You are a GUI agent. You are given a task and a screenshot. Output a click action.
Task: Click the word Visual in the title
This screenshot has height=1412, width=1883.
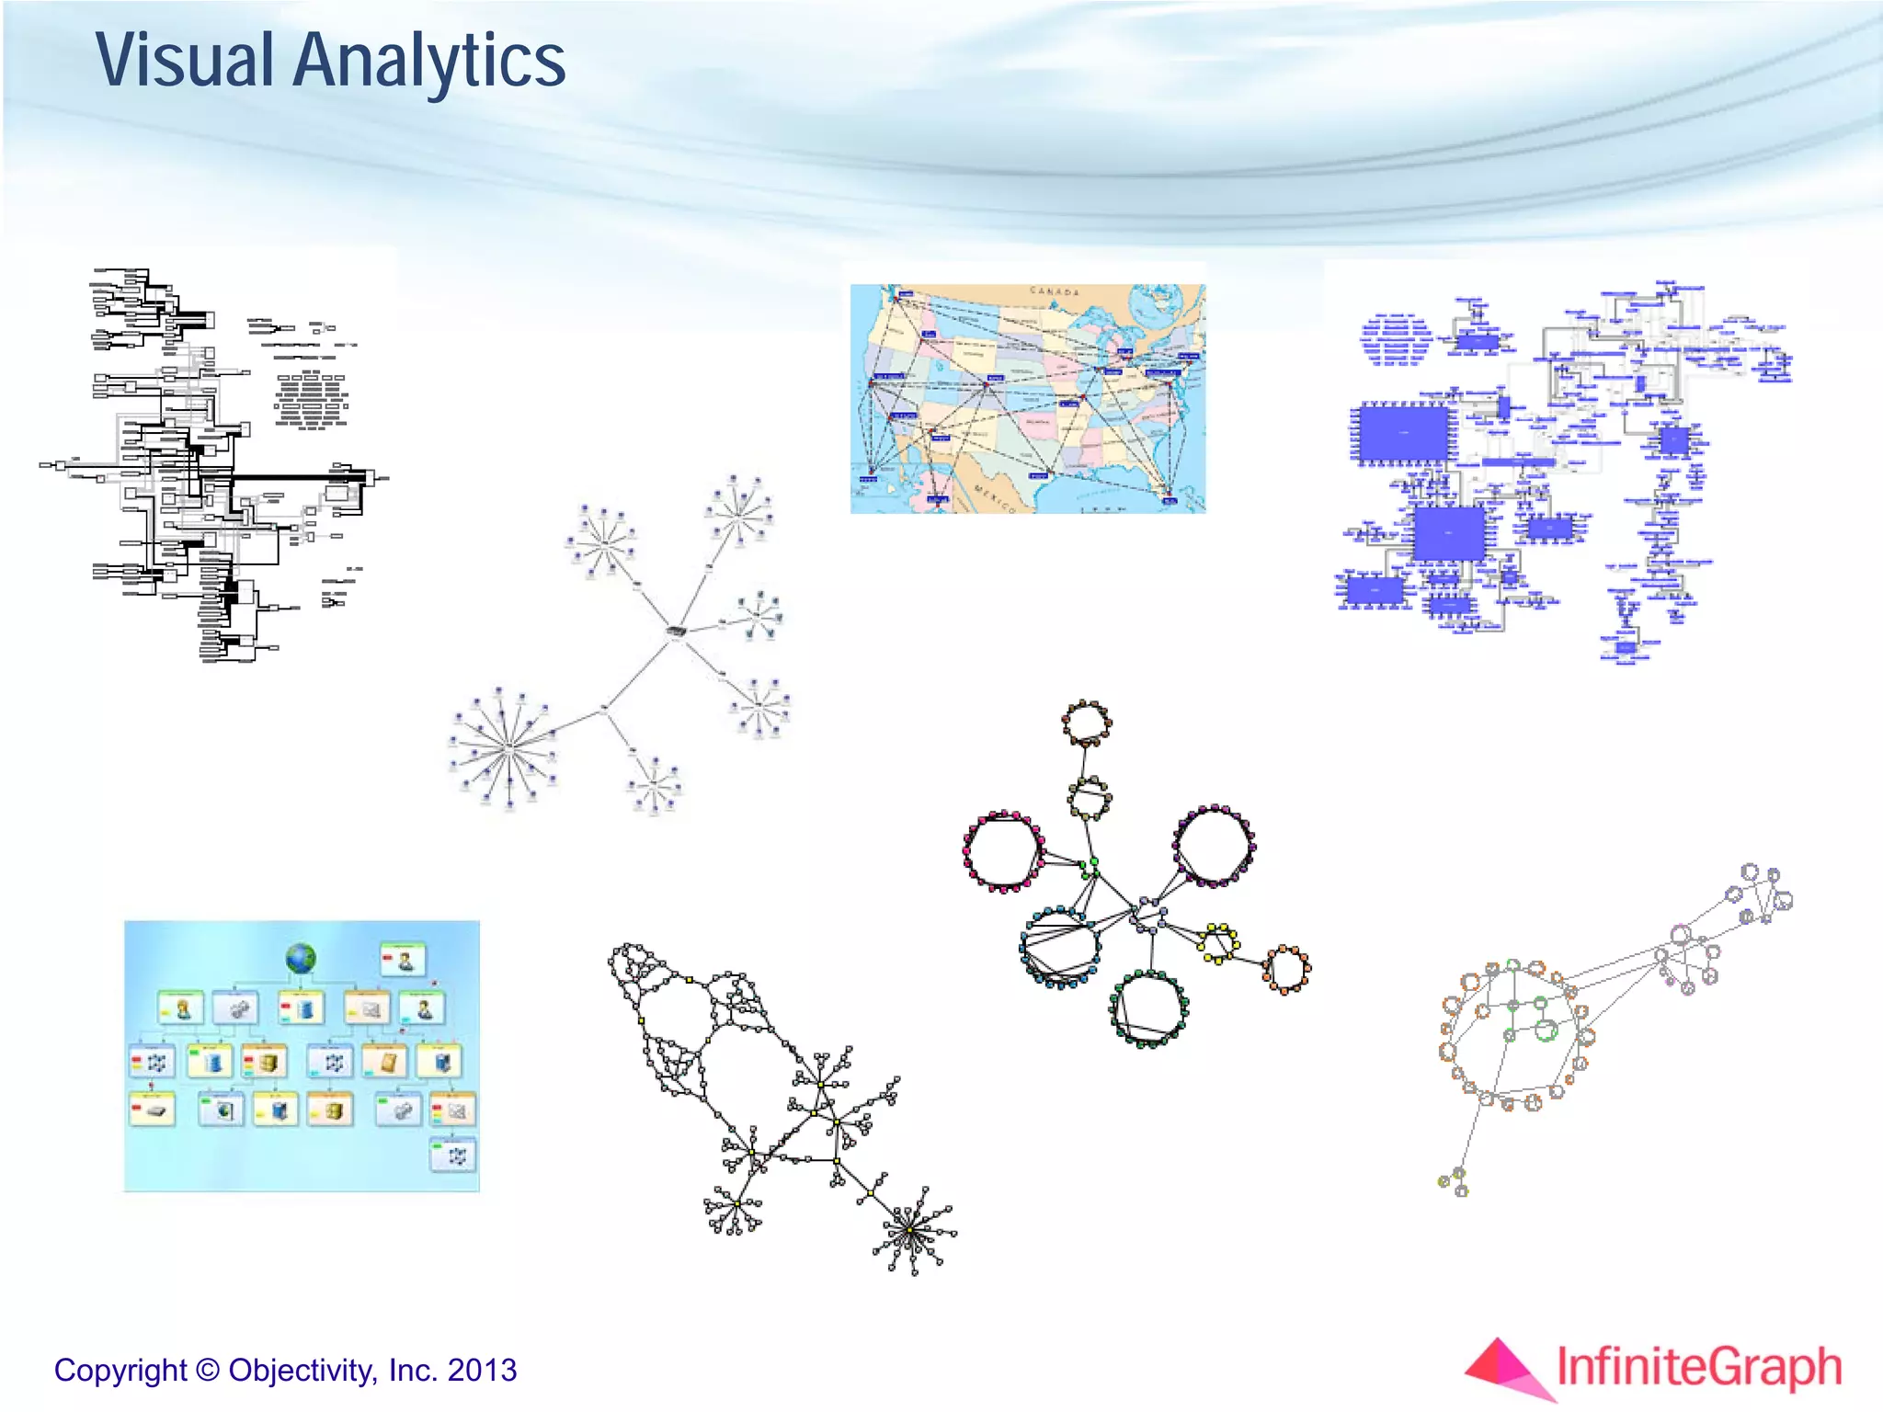185,61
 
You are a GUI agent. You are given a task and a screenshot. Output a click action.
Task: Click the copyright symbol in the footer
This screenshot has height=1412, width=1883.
208,1370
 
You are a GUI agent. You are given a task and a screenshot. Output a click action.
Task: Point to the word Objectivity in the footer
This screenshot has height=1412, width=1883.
302,1370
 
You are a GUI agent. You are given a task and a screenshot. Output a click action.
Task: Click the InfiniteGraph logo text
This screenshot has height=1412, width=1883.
1699,1367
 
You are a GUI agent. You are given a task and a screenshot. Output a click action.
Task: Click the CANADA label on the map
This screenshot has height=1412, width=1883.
1055,291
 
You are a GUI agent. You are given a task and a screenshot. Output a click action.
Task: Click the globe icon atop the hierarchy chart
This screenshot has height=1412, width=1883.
301,959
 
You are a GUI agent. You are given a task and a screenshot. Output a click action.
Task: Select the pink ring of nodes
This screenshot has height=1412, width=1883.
1002,851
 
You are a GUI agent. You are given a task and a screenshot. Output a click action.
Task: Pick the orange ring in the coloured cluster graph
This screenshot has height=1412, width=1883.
1285,969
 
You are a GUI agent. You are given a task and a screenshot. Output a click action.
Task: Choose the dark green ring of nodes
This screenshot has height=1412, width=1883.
1148,1008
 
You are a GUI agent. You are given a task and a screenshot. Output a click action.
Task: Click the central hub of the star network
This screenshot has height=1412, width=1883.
676,632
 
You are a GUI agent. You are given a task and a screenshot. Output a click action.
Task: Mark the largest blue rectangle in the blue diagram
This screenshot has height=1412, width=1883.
1403,432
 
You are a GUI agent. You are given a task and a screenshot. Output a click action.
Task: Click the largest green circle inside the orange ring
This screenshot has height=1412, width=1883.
1546,1030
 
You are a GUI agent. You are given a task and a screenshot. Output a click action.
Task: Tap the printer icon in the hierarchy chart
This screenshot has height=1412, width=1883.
153,1110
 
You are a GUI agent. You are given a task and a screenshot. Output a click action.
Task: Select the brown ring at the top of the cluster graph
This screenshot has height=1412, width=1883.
1087,723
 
